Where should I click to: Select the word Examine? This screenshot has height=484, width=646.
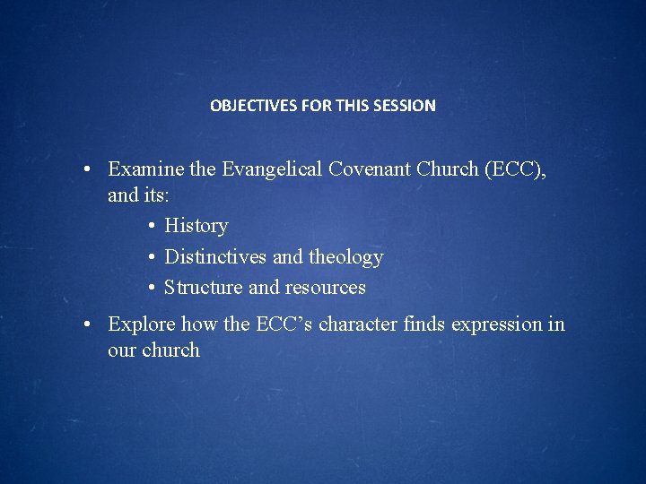pyautogui.click(x=146, y=169)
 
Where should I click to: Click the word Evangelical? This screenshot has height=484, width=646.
pyautogui.click(x=272, y=169)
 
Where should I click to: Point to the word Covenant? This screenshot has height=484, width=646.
pyautogui.click(x=370, y=169)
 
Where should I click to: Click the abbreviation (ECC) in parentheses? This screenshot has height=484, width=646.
pyautogui.click(x=515, y=169)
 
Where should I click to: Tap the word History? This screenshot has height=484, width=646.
pyautogui.click(x=196, y=226)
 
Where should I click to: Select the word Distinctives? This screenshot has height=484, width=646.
pyautogui.click(x=215, y=256)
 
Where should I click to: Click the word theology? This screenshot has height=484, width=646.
pyautogui.click(x=346, y=257)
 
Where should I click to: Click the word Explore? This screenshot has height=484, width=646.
pyautogui.click(x=142, y=324)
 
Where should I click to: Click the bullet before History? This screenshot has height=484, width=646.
pyautogui.click(x=152, y=226)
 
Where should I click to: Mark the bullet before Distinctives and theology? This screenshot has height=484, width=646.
pyautogui.click(x=152, y=257)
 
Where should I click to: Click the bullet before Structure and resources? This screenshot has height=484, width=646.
pyautogui.click(x=152, y=288)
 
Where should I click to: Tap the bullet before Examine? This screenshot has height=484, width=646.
pyautogui.click(x=86, y=169)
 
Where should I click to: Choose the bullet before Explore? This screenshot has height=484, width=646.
pyautogui.click(x=86, y=324)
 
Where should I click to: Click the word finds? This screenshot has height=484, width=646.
pyautogui.click(x=423, y=324)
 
